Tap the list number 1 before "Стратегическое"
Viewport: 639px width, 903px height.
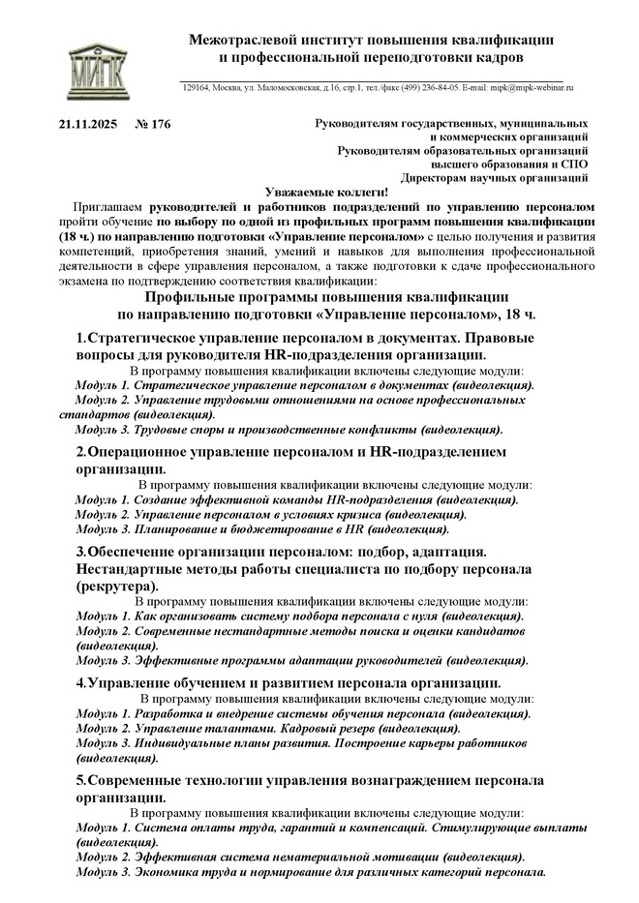[x=80, y=338]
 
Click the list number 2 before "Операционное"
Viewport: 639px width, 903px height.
[x=80, y=451]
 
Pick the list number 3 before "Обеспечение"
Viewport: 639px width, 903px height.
[x=80, y=551]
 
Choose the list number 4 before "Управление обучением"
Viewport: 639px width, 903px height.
[x=80, y=683]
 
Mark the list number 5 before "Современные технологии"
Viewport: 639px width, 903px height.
[x=80, y=779]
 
